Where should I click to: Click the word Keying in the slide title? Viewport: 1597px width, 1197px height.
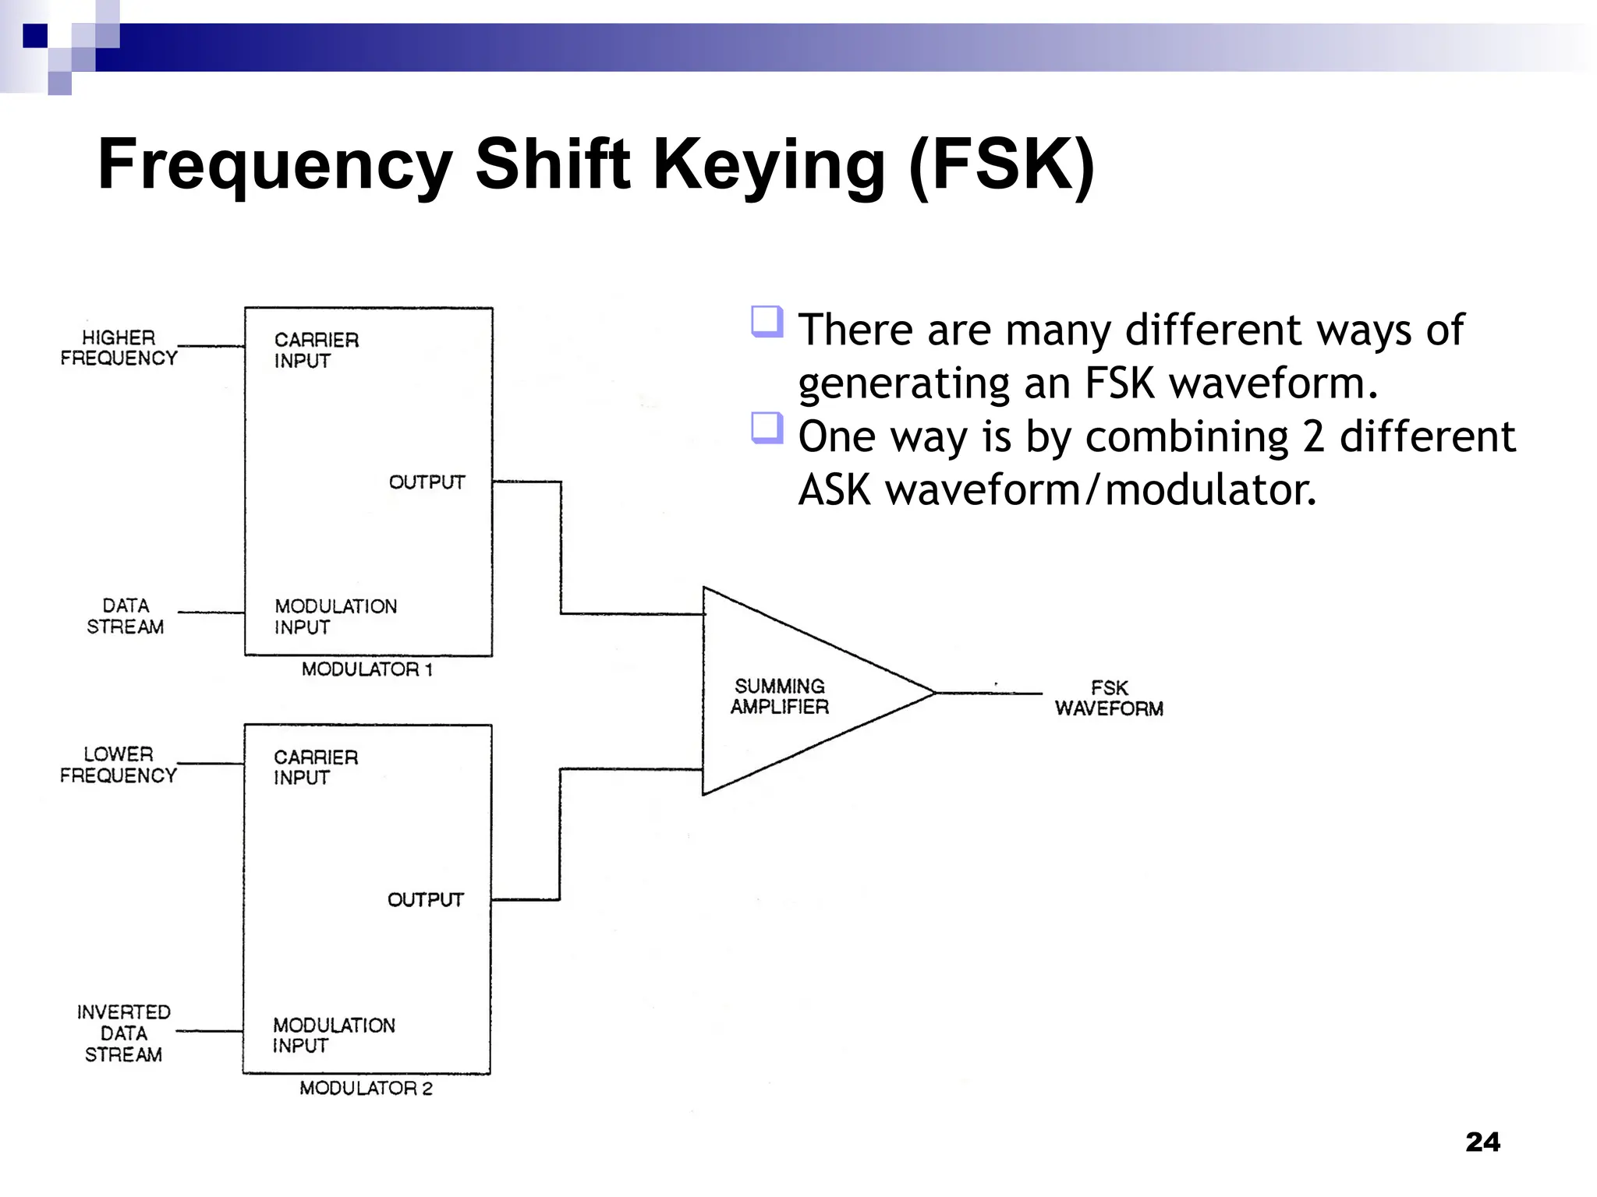coord(768,165)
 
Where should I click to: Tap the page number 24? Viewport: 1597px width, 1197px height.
coord(1482,1142)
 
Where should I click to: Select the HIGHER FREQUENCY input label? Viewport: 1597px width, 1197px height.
coord(119,348)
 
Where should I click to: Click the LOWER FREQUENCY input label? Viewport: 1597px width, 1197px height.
coord(119,764)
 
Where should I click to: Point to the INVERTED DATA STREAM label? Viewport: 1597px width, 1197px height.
coord(123,1033)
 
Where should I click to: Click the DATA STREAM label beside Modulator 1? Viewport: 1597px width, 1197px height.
coord(125,616)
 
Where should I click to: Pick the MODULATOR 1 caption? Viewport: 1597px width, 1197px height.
coord(366,669)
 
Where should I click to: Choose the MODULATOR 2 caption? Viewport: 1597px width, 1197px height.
coord(366,1088)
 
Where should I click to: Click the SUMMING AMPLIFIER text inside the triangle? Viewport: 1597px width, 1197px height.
coord(779,696)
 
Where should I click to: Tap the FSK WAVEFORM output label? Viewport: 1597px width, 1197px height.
coord(1109,698)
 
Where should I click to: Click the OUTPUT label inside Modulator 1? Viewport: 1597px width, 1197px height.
coord(427,482)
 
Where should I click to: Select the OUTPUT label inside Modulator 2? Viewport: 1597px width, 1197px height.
coord(425,900)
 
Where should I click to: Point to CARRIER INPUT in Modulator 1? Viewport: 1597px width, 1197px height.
coord(316,350)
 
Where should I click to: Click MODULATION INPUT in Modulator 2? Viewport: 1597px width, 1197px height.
coord(334,1035)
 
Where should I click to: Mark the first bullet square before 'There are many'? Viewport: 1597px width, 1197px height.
coord(767,321)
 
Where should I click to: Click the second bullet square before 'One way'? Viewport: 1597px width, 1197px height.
coord(767,428)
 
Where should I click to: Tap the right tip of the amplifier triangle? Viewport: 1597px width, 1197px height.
coord(933,692)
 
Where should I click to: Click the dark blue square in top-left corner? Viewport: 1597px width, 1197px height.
coord(35,36)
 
